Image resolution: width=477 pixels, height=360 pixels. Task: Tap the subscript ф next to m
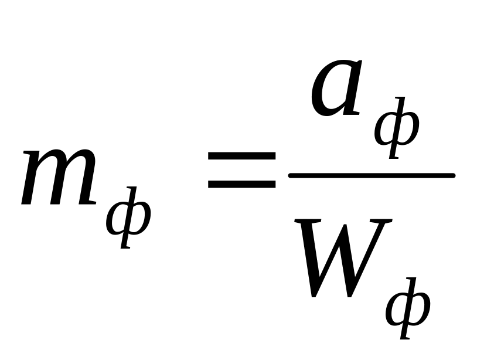(128, 218)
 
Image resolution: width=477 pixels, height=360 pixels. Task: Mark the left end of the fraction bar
(290, 175)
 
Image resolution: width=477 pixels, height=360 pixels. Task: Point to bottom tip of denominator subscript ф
(403, 338)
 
